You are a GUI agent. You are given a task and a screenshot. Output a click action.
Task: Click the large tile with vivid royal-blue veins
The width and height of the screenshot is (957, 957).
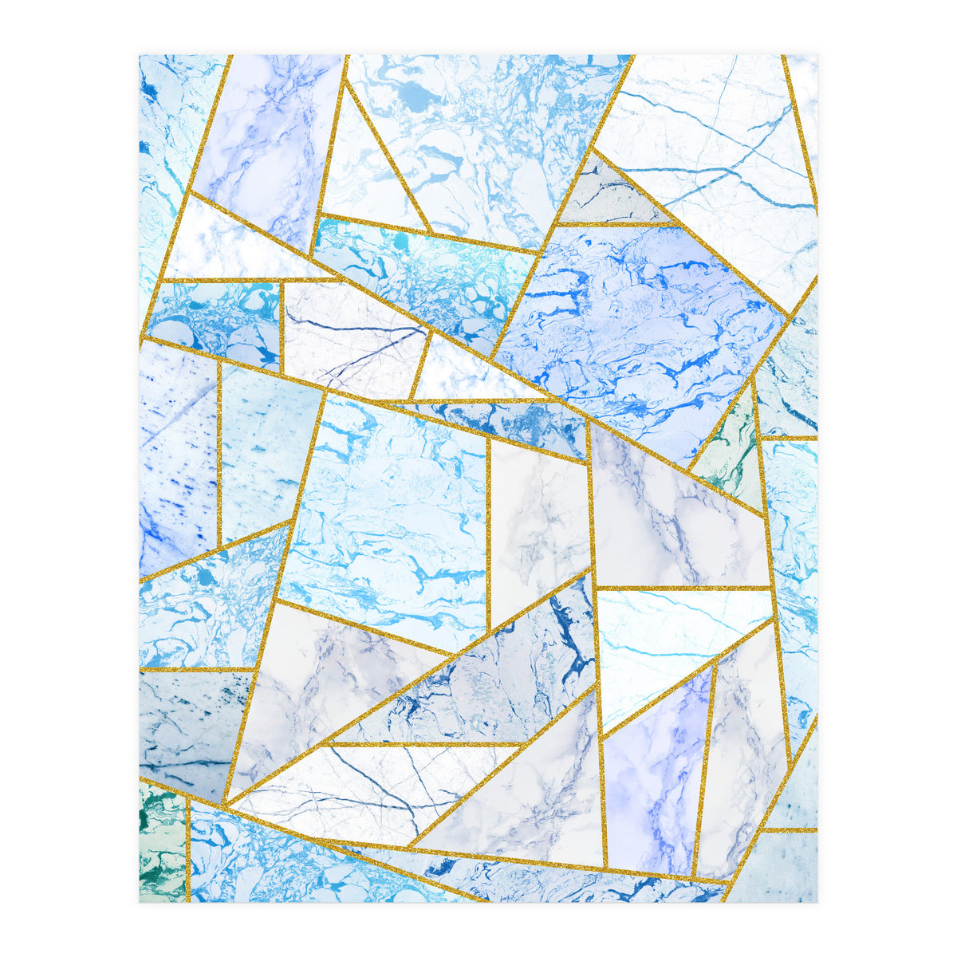tap(638, 319)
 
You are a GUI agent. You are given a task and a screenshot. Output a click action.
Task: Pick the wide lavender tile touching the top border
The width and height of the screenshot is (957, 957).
tap(267, 136)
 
